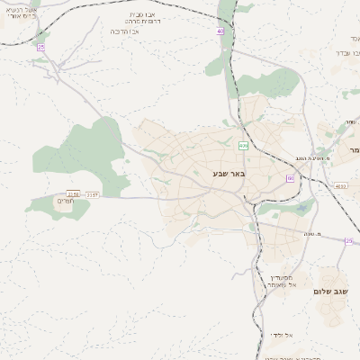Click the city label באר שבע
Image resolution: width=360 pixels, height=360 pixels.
click(x=229, y=173)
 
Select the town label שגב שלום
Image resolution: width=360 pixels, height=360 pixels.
click(x=330, y=292)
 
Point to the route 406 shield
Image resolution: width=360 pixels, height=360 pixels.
click(x=243, y=145)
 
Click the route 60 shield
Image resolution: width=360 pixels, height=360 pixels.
click(x=290, y=178)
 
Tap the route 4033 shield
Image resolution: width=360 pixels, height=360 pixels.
click(x=338, y=186)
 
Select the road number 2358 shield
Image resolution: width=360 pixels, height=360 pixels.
click(x=73, y=193)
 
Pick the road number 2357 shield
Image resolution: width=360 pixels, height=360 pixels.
click(x=92, y=193)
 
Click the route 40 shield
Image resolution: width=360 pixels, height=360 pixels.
click(x=220, y=31)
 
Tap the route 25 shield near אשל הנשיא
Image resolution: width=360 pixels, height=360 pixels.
click(x=40, y=47)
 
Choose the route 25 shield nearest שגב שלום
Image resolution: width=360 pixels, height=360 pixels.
click(x=348, y=240)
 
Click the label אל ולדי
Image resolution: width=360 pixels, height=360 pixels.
click(x=279, y=335)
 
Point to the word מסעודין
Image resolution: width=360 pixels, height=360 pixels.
click(x=282, y=277)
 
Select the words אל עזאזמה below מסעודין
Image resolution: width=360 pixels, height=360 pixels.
click(x=282, y=285)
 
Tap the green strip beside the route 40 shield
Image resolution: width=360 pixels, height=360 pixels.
click(x=216, y=54)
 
